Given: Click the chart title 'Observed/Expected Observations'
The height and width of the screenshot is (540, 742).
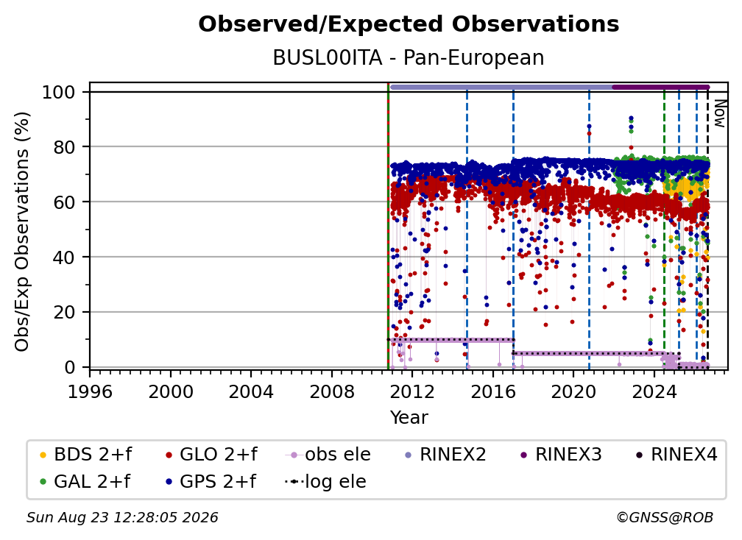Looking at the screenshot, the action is coord(409,24).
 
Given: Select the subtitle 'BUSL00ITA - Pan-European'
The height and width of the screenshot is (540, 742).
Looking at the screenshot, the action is coord(409,57).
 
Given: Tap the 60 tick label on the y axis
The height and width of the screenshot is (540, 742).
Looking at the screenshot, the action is coord(64,202).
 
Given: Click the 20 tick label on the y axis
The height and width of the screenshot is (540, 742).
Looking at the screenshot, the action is coord(64,313).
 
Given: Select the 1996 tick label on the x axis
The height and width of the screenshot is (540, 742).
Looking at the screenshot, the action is coord(90,391).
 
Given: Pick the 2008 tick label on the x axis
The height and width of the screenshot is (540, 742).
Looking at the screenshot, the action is coord(332,391).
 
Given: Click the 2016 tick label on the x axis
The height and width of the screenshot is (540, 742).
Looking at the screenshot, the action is coord(493,391).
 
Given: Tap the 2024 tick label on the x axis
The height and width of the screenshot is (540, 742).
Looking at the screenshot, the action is coord(654,391).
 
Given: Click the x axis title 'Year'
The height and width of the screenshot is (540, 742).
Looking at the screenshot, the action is coord(409,418).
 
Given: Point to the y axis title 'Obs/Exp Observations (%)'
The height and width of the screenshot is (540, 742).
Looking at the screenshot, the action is coord(22,231).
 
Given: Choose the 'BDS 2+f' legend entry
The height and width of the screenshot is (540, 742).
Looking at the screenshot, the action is coord(85,455).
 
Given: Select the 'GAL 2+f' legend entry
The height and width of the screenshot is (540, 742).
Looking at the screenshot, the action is coord(85,481).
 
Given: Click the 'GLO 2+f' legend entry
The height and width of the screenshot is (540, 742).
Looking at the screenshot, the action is coord(211,455).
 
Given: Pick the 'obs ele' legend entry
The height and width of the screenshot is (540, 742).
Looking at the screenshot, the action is coord(328,455).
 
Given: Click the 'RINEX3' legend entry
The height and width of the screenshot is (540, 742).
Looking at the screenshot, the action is coord(561,455).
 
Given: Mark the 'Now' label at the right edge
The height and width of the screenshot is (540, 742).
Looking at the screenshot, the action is coord(719,113).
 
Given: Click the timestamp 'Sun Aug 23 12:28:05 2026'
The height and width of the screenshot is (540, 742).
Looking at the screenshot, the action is coord(122,517).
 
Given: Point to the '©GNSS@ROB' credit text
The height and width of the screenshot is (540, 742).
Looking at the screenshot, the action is coord(665,517).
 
